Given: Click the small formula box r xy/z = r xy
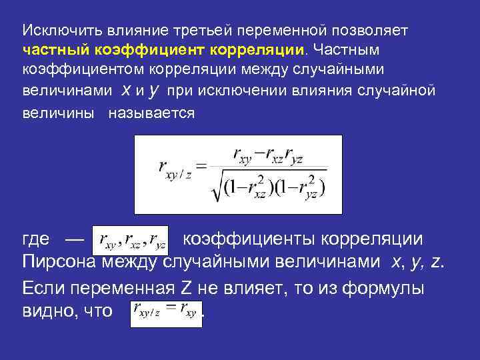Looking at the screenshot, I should click(x=165, y=309).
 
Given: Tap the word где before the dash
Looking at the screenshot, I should click(x=36, y=239).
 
